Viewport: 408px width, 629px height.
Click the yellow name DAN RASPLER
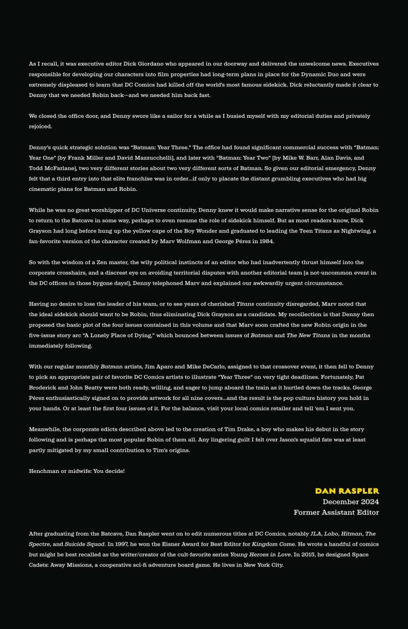[347, 491]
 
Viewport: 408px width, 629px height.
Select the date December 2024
[350, 502]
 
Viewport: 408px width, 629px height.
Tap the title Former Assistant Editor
[336, 512]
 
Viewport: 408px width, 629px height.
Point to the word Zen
[100, 262]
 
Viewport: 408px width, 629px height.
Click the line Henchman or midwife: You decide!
[76, 471]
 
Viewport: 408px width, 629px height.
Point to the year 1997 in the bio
[117, 544]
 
